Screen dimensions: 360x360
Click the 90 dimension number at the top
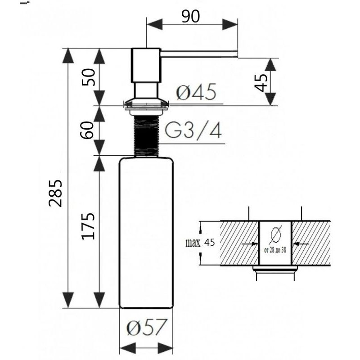pos(190,17)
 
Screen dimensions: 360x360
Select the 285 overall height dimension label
pos(55,193)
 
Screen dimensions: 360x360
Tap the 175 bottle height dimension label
pos(88,226)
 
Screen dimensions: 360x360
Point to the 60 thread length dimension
pos(87,130)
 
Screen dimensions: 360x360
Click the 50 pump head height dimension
pos(88,77)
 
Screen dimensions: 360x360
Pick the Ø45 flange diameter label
pos(196,92)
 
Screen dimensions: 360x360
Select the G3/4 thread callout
pos(193,130)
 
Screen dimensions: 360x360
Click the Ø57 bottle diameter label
pos(146,327)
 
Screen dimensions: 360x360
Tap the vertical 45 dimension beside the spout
pos(261,83)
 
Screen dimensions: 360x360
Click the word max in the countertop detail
pos(193,243)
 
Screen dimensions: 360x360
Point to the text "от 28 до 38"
pos(275,250)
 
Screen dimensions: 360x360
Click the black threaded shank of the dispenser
pos(146,136)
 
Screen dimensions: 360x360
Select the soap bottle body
pos(146,233)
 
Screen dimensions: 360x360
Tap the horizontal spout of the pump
pos(198,54)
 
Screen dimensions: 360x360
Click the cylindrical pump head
pos(145,65)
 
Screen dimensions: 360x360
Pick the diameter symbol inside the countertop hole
pos(275,235)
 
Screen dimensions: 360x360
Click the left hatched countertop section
pos(239,243)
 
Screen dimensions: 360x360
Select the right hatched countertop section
pos(311,243)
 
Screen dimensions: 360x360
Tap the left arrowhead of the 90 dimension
pos(154,24)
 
